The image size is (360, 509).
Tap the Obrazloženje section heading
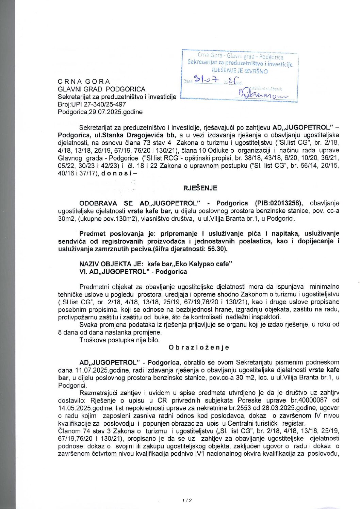[x=199, y=347]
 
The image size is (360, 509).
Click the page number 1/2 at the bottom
[x=187, y=500]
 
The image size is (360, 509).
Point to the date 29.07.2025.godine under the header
[x=116, y=112]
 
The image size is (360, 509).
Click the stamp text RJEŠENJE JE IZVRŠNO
[x=240, y=71]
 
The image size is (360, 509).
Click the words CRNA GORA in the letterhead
[x=84, y=82]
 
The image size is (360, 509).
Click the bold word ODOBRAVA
[x=98, y=203]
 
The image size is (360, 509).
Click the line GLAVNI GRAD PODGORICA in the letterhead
[x=101, y=89]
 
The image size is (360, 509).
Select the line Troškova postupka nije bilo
[x=119, y=340]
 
